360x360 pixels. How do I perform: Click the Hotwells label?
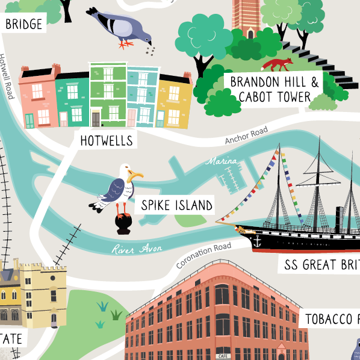[x=107, y=141]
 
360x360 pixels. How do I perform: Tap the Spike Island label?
[x=176, y=205]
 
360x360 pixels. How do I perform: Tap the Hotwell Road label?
[x=8, y=78]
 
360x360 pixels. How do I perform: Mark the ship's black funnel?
[x=340, y=220]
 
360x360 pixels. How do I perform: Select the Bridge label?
[x=24, y=24]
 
